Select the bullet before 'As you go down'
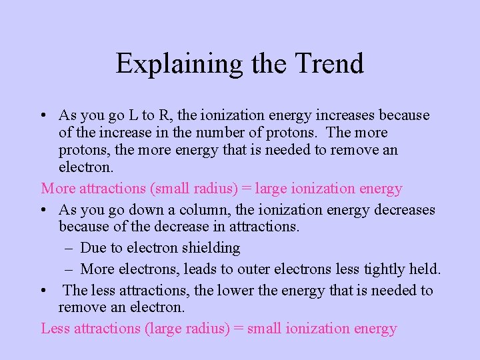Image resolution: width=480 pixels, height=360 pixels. [x=43, y=211]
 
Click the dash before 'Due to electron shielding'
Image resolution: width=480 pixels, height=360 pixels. [x=70, y=248]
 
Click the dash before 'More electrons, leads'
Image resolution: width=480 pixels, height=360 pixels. [x=70, y=269]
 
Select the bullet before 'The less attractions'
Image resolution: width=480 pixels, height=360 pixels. [x=43, y=291]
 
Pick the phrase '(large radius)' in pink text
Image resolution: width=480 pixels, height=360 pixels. [x=189, y=329]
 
